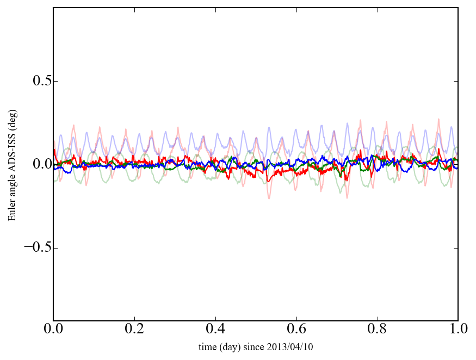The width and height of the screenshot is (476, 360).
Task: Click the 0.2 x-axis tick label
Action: [134, 330]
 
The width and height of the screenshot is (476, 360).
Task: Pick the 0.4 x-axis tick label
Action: [215, 330]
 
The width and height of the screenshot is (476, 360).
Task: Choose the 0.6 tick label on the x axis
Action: [296, 330]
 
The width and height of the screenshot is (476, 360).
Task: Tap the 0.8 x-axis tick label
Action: [377, 330]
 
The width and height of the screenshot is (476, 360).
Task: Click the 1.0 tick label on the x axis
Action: [458, 330]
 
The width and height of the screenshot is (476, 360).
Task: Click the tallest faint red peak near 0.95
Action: [438, 119]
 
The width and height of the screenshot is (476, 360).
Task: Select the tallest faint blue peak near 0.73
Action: [347, 123]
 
